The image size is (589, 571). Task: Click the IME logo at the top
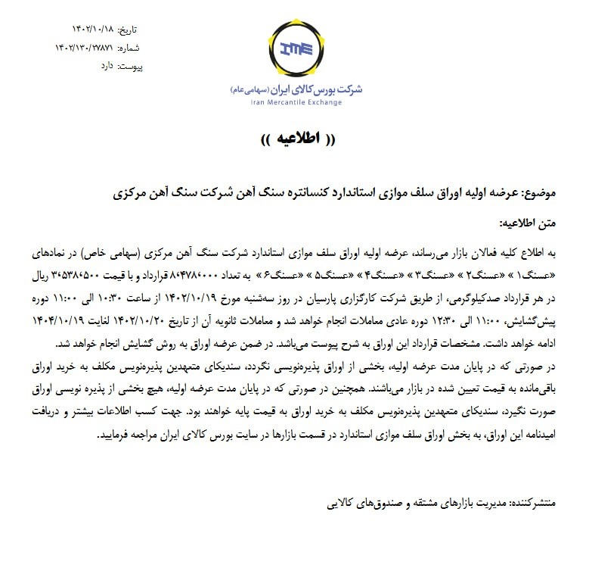point(296,51)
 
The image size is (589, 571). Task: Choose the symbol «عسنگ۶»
point(265,273)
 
